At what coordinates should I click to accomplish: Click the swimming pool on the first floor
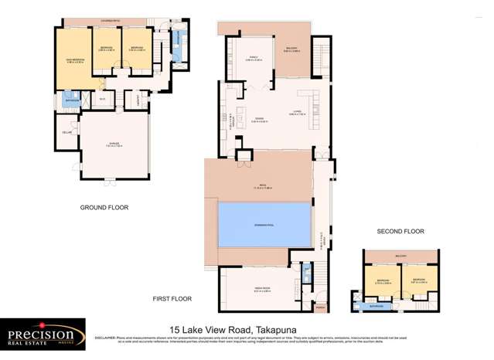(264, 224)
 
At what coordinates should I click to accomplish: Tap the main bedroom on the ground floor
(72, 56)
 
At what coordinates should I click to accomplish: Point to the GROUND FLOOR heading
(104, 208)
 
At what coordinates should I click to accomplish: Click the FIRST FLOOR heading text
(172, 298)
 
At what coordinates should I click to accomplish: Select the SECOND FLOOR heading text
(400, 231)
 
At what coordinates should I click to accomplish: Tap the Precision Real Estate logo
(43, 334)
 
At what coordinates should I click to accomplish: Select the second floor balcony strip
(401, 256)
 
